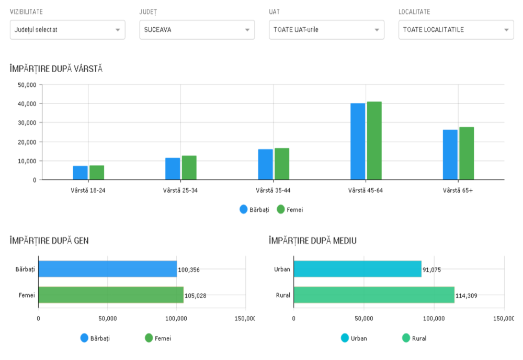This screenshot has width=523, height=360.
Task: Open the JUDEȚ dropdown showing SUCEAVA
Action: [x=197, y=30]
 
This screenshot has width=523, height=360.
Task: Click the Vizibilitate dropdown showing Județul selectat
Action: [x=67, y=30]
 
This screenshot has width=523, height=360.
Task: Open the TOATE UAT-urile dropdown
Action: [x=326, y=30]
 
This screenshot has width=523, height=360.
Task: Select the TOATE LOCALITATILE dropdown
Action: [x=456, y=30]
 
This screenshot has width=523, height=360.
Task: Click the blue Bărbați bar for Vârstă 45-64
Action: [x=358, y=142]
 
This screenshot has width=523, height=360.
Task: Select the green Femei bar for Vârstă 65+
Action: [x=467, y=153]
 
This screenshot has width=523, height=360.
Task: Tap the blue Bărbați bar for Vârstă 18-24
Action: [x=80, y=173]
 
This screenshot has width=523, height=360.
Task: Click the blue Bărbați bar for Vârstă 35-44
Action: [x=265, y=164]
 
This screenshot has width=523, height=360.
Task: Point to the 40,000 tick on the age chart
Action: [x=27, y=104]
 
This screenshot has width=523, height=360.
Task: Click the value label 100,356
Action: [x=189, y=270]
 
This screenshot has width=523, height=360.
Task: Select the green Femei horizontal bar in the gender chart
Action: [x=111, y=295]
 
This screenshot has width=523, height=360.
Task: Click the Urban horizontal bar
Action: [x=357, y=269]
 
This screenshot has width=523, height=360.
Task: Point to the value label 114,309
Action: [x=466, y=296]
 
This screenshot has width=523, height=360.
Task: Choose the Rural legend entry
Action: [x=414, y=338]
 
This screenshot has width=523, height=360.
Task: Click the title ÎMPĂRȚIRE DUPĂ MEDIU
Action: [x=312, y=241]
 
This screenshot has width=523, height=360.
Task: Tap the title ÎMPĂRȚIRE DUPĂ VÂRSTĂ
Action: [x=56, y=69]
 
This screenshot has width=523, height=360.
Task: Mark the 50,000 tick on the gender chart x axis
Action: [x=107, y=318]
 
